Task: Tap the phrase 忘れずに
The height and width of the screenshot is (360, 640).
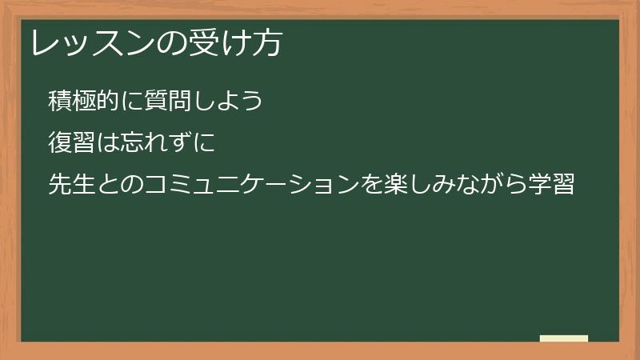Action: (x=168, y=144)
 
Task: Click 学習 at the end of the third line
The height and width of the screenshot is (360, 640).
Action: (x=551, y=186)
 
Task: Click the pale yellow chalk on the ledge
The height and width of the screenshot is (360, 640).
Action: (x=564, y=338)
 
